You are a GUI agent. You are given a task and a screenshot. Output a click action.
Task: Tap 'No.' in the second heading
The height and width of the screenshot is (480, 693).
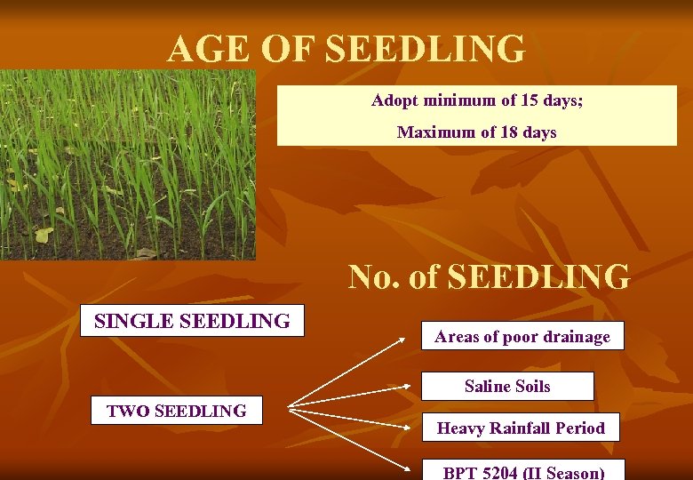coord(374,277)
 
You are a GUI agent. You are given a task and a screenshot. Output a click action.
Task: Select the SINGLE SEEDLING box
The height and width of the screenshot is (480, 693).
coord(192,321)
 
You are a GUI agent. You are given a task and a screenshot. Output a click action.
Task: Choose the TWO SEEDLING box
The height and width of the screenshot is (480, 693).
coord(176,411)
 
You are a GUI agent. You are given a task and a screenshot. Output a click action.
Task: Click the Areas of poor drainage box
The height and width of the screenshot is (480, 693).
coord(522,336)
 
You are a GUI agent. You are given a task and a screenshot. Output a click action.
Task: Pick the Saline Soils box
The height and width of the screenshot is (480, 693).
coord(507,386)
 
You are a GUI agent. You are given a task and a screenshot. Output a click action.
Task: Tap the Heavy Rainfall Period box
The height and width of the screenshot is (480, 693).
coord(521,428)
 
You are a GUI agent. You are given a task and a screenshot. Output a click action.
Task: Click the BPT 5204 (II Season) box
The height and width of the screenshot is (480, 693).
coord(522,470)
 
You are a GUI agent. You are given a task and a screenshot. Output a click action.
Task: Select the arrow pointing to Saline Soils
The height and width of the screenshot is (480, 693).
coord(355,398)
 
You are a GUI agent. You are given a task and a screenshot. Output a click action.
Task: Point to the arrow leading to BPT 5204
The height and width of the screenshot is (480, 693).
coord(355,440)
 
